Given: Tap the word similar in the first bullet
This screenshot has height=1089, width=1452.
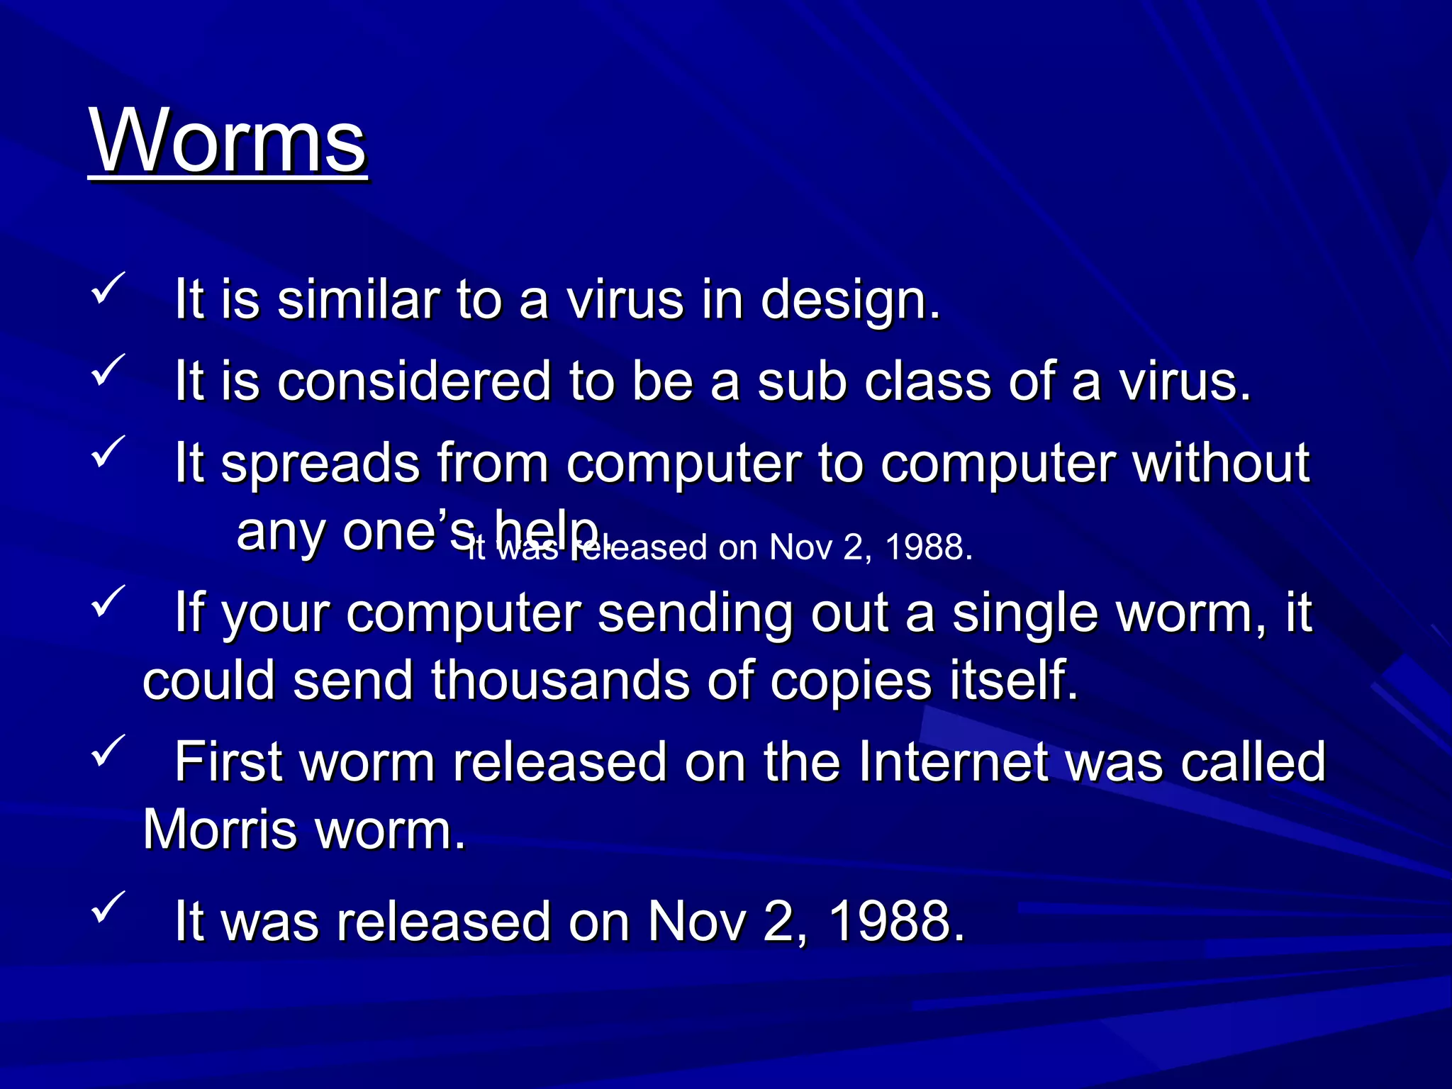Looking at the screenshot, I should [x=357, y=300].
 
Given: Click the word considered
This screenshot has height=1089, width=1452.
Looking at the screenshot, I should [x=413, y=381].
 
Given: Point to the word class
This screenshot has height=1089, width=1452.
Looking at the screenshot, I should [x=928, y=381].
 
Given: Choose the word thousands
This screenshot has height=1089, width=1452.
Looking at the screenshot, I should [x=560, y=681].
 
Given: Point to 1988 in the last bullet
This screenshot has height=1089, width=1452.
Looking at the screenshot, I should [x=896, y=922].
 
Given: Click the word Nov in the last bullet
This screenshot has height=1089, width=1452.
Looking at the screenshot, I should [x=696, y=922].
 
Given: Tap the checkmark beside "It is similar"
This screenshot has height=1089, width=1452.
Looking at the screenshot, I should [x=108, y=288].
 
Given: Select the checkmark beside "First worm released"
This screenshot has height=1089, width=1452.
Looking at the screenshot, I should [x=108, y=750].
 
